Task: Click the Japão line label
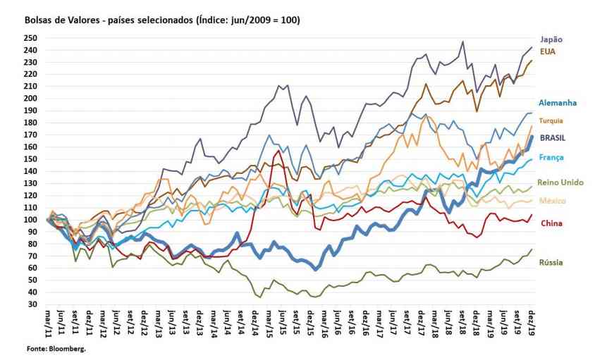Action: click(x=551, y=39)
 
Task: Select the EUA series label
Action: click(x=548, y=51)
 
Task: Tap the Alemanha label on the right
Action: click(x=556, y=102)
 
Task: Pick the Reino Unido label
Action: click(x=560, y=182)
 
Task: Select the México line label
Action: click(x=553, y=201)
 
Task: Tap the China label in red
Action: click(x=551, y=224)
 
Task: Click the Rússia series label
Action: click(x=552, y=263)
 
